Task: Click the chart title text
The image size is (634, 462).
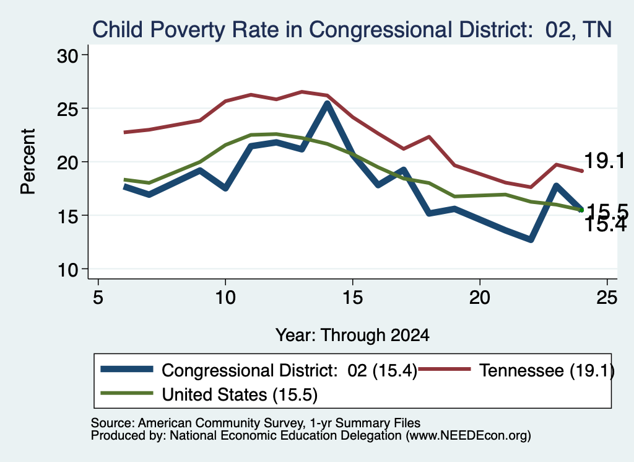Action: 352,30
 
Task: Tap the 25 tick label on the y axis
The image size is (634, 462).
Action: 67,109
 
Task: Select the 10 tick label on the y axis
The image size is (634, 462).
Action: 67,270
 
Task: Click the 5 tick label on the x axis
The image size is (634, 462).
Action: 98,298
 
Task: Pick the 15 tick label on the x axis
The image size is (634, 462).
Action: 352,298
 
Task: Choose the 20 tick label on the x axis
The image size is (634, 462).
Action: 480,298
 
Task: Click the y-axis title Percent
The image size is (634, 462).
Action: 28,162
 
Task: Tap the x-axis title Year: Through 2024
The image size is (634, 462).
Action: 352,335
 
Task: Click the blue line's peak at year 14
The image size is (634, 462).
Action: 327,104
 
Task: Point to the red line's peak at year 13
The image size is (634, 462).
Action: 302,92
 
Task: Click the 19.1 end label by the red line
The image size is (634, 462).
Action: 604,161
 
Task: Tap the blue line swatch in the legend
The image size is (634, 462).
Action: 127,369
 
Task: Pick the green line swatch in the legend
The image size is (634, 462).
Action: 127,393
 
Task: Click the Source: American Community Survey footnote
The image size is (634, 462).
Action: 256,423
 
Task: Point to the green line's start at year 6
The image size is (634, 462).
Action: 124,179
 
